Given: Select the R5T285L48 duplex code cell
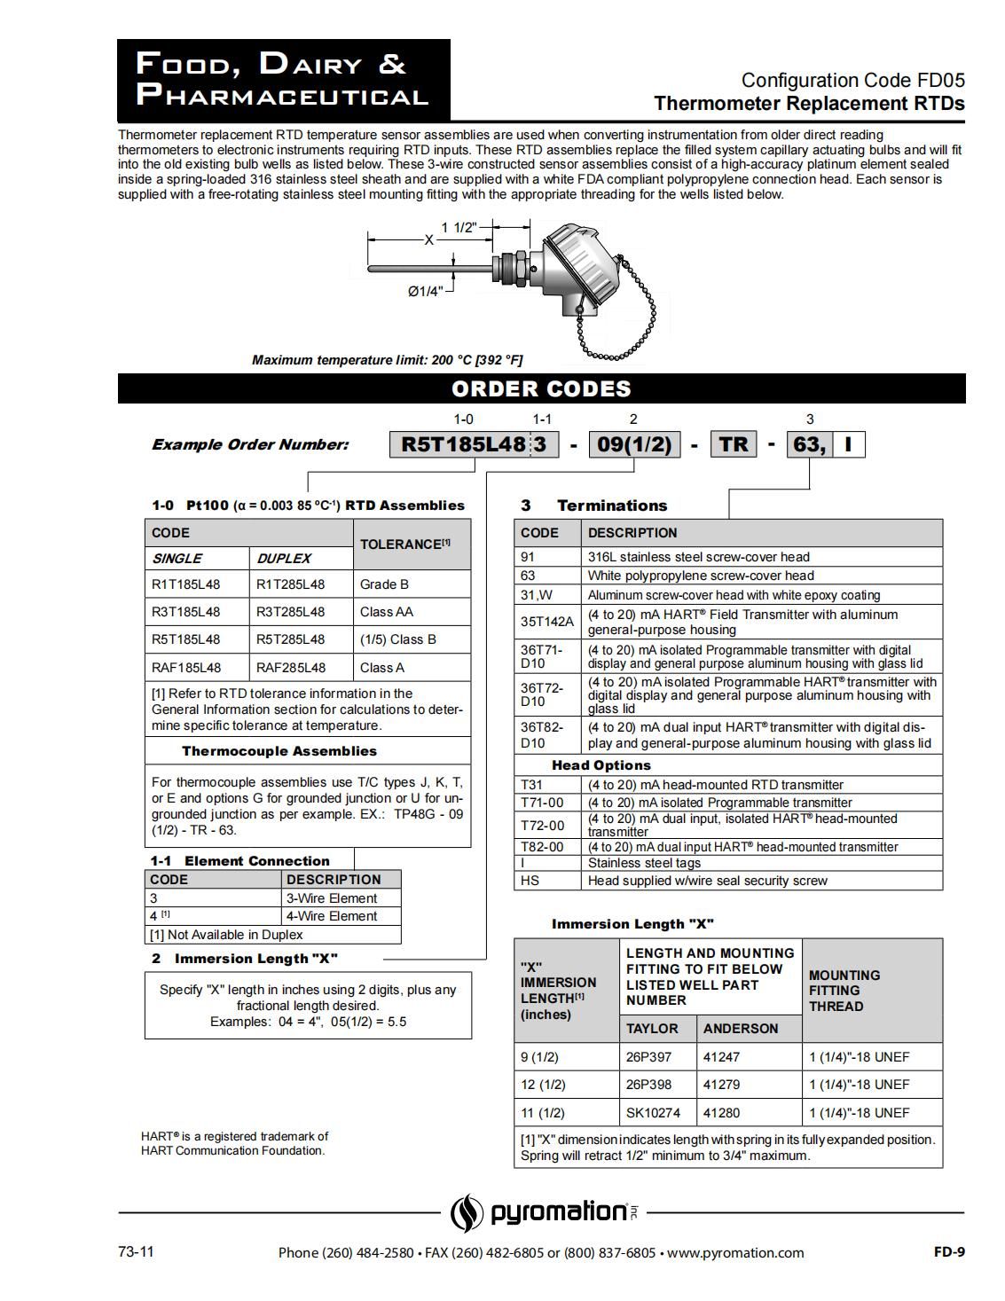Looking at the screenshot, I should pos(290,639).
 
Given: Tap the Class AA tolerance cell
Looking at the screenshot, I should pos(387,612).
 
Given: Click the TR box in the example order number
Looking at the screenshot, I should pos(734,444).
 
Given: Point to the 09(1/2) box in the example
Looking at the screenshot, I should pos(634,444).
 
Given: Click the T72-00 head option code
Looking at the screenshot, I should pos(542,826).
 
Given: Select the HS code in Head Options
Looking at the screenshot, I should pos(530,881).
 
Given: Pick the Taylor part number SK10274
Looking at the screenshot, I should pos(651,1113).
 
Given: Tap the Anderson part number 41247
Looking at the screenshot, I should pos(721,1057).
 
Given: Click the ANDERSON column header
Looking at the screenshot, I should pos(741,1029).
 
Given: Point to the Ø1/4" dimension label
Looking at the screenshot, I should pos(425,291).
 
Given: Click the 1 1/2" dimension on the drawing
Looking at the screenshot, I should pos(459,227).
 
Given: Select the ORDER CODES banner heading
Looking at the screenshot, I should pos(541,388).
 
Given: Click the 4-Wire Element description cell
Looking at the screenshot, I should pos(332,916).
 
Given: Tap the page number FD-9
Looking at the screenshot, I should pos(948,1251).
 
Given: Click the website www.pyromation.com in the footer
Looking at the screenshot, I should pos(735,1253).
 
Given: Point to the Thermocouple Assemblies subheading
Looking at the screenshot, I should pos(279,751).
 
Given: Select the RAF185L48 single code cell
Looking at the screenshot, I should pos(186,668).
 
